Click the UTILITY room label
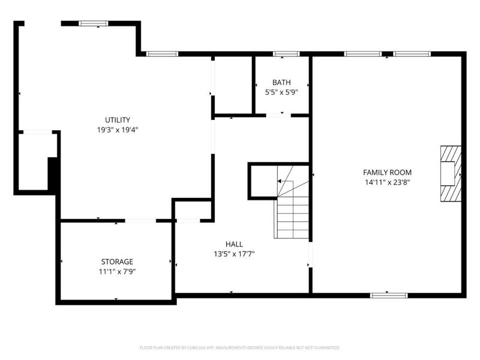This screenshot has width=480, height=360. tap(118, 120)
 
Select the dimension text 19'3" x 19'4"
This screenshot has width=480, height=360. tap(118, 130)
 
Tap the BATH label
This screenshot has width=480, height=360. tap(281, 82)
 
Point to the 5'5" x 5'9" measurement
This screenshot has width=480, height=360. tap(281, 92)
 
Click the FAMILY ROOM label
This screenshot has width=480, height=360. tap(387, 172)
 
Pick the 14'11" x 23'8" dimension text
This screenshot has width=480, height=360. tap(387, 182)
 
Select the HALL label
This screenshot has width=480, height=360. tap(234, 244)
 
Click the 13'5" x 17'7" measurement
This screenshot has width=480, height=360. tap(234, 254)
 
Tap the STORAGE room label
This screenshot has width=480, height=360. tap(117, 262)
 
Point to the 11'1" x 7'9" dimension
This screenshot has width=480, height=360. tap(117, 272)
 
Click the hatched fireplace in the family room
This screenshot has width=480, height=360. tap(451, 173)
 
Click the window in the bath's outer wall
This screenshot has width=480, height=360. tap(286, 55)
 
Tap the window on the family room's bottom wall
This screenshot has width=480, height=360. tap(389, 295)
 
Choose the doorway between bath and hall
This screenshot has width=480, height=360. tap(275, 114)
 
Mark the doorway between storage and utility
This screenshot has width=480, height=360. tap(140, 221)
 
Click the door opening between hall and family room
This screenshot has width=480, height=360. tap(310, 255)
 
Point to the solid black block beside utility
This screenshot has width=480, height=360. tap(52, 175)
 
